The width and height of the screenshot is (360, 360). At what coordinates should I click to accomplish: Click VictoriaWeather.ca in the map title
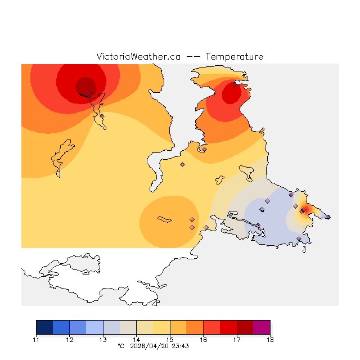[x=138, y=57]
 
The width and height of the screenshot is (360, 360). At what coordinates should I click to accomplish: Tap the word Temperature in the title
[x=234, y=57]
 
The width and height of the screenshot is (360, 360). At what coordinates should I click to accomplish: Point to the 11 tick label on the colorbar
[x=36, y=340]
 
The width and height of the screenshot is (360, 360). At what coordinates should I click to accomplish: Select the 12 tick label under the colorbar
[x=69, y=340]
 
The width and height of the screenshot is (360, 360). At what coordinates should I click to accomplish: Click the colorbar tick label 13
[x=103, y=340]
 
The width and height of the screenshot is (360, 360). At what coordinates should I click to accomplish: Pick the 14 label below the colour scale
[x=136, y=340]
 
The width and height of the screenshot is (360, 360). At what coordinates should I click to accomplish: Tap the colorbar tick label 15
[x=170, y=340]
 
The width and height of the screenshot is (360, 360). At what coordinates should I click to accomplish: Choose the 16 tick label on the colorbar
[x=203, y=340]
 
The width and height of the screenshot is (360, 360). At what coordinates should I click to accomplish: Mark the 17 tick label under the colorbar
[x=237, y=340]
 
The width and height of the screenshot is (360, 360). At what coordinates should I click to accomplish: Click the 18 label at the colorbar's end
[x=270, y=340]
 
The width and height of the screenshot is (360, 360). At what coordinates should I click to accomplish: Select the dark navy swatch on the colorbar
[x=44, y=327]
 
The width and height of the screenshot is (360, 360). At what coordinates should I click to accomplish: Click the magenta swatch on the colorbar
[x=262, y=327]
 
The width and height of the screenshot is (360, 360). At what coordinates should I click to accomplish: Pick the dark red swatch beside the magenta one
[x=245, y=327]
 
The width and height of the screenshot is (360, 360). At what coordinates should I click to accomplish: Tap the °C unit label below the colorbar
[x=120, y=346]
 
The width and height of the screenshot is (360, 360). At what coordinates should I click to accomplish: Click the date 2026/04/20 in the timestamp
[x=150, y=346]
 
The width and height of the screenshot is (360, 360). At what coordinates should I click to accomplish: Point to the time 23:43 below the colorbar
[x=181, y=346]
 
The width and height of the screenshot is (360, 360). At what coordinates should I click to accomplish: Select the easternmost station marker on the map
[x=328, y=217]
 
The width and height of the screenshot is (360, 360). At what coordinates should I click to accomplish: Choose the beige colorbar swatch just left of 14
[x=128, y=327]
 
